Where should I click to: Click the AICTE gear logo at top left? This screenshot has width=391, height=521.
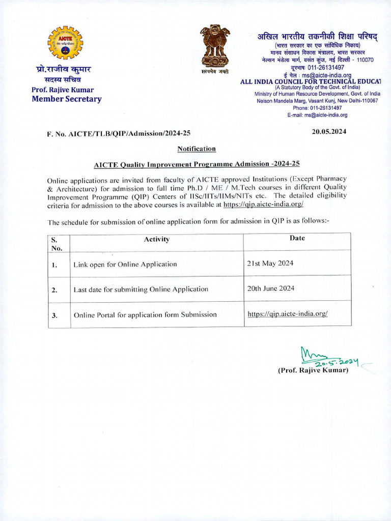65,43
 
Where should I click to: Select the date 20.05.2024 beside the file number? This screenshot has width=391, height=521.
329,131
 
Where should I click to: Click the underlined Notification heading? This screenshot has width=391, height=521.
197,149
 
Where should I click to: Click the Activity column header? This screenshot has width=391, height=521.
156,239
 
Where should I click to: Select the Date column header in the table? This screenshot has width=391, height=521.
297,238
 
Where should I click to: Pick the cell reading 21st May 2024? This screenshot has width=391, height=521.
270,263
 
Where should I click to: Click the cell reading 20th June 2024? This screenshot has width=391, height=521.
271,288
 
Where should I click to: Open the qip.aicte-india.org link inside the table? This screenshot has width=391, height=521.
287,314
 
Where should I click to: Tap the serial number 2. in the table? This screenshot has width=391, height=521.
54,290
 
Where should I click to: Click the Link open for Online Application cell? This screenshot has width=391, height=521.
125,264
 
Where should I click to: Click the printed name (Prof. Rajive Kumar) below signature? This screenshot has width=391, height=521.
313,370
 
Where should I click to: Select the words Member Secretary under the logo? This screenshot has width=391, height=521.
66,99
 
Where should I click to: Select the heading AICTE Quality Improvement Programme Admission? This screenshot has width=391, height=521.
197,164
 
